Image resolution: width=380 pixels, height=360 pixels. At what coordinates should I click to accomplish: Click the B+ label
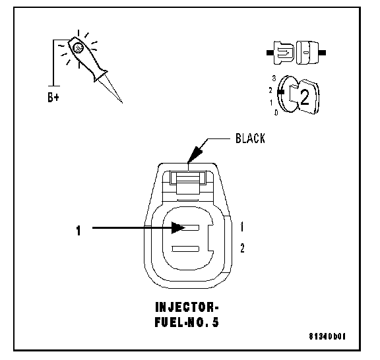pos(53,98)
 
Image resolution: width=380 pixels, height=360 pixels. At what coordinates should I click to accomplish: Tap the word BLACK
pos(250,138)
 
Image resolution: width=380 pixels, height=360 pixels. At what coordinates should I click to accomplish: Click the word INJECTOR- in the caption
pos(187,307)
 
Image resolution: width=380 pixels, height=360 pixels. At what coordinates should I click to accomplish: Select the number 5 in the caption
pos(216,322)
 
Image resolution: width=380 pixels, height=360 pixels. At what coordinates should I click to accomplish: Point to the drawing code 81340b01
pos(327,336)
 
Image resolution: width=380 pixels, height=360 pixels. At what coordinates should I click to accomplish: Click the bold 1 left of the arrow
pos(79,230)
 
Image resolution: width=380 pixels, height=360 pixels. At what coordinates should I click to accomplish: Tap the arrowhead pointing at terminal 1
pos(178,227)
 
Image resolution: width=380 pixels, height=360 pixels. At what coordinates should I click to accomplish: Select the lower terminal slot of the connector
pos(185,249)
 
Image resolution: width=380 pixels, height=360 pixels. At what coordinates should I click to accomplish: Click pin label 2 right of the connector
pos(242,249)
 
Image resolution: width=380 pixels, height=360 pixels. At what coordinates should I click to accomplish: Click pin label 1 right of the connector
pos(242,227)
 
